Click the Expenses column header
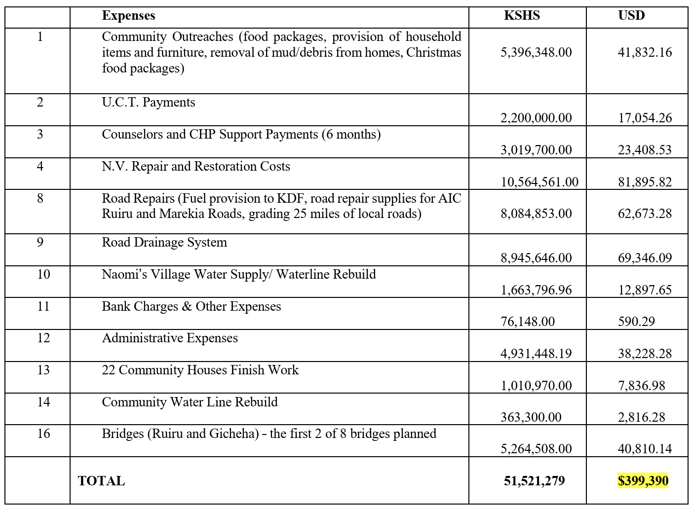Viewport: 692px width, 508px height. pyautogui.click(x=128, y=16)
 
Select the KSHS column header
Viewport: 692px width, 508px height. pyautogui.click(x=522, y=16)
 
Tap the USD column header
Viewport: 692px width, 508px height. pyautogui.click(x=631, y=16)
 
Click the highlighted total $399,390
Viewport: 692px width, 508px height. pyautogui.click(x=643, y=481)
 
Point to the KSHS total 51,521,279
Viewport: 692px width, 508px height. pyautogui.click(x=534, y=481)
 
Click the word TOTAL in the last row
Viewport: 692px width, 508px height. pyautogui.click(x=101, y=481)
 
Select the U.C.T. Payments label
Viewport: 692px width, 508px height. pyautogui.click(x=149, y=103)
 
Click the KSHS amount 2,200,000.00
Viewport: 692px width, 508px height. pyautogui.click(x=536, y=118)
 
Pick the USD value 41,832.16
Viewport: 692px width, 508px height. pyautogui.click(x=645, y=52)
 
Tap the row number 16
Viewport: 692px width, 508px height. pyautogui.click(x=43, y=434)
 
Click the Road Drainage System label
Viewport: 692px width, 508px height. pyautogui.click(x=164, y=243)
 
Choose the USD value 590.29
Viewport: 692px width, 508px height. pyautogui.click(x=636, y=322)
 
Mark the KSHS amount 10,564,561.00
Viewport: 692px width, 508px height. pyautogui.click(x=539, y=182)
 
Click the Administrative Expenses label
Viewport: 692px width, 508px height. pyautogui.click(x=170, y=338)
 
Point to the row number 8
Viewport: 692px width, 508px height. pyautogui.click(x=40, y=198)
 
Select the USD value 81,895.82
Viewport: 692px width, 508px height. pyautogui.click(x=645, y=182)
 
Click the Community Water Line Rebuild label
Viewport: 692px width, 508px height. pyautogui.click(x=190, y=402)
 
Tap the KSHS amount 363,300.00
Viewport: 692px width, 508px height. pyautogui.click(x=531, y=417)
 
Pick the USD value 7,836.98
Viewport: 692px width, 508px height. pyautogui.click(x=641, y=386)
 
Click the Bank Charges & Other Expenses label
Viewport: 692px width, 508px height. pyautogui.click(x=192, y=306)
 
